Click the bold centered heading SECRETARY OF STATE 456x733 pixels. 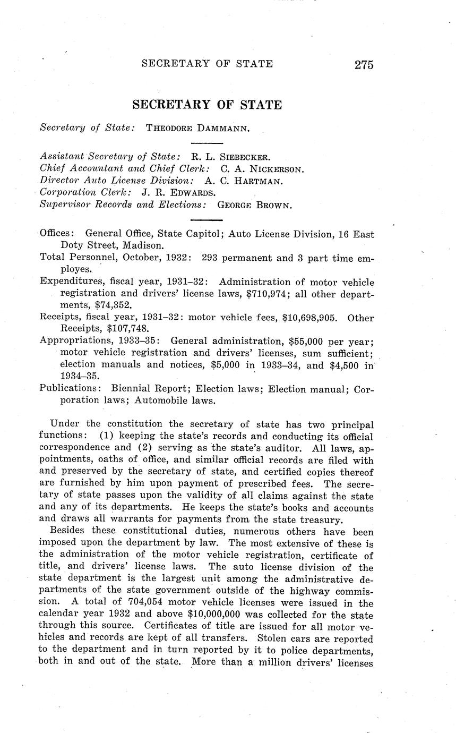207,105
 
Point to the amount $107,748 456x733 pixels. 128,329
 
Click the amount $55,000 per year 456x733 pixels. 329,342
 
